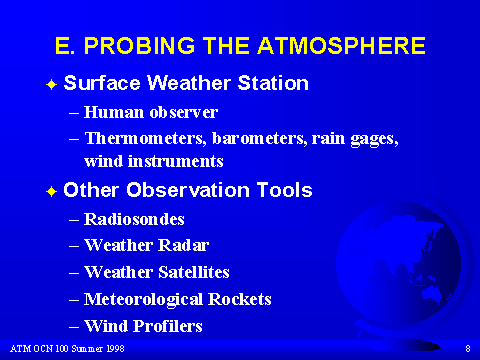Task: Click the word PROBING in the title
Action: (x=139, y=45)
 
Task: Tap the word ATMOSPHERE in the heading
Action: (x=341, y=45)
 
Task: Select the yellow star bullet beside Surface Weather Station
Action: (x=52, y=85)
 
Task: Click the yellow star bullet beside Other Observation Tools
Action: (x=52, y=192)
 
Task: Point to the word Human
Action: (x=114, y=112)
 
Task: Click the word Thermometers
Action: (x=146, y=139)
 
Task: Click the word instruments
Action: (x=176, y=161)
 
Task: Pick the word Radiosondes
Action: (x=134, y=219)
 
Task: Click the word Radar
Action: (x=183, y=245)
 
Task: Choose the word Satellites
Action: (x=194, y=272)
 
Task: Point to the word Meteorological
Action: (x=143, y=299)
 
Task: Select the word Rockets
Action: (x=240, y=299)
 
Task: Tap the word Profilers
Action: (x=168, y=326)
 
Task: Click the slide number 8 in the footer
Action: (x=468, y=349)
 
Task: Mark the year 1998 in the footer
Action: (x=115, y=349)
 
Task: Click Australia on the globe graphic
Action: (x=432, y=293)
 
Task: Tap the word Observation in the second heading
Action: (x=188, y=190)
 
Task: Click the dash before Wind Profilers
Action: (x=74, y=327)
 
